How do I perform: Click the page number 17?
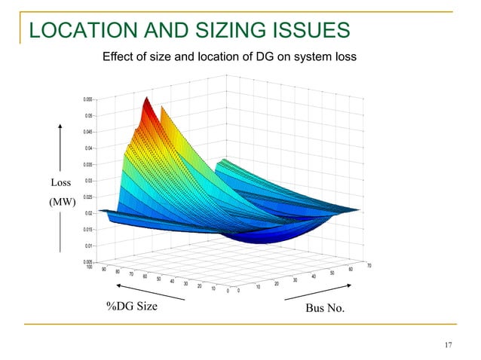449,345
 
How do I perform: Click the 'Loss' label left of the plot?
60,182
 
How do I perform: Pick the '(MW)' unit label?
60,202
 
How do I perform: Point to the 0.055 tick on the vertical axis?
87,99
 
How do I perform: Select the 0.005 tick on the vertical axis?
87,261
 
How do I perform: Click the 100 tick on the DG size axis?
90,267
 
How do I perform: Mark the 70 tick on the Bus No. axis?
369,265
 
